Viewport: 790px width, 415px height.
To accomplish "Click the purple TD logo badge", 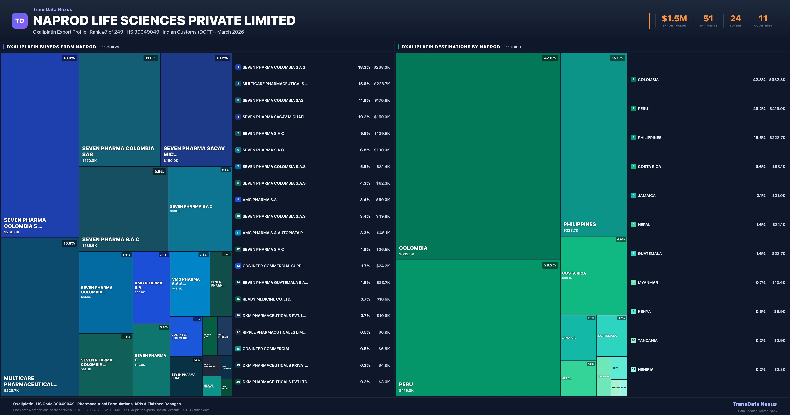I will pyautogui.click(x=20, y=21).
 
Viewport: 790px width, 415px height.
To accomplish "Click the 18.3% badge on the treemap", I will pyautogui.click(x=69, y=58).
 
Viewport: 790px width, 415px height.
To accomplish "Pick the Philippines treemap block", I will pyautogui.click(x=593, y=144).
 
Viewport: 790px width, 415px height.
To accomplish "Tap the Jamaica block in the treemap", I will pyautogui.click(x=578, y=338).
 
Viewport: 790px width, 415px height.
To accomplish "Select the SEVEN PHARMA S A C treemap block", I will pyautogui.click(x=200, y=209).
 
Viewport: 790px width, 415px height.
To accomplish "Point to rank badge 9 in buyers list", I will pyautogui.click(x=238, y=200).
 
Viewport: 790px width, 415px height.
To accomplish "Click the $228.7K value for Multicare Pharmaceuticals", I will pyautogui.click(x=382, y=84).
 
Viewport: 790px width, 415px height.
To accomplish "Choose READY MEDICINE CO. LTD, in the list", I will pyautogui.click(x=266, y=299).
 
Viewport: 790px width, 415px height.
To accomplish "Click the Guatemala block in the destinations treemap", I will pyautogui.click(x=612, y=336).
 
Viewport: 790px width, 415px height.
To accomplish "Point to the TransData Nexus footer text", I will pyautogui.click(x=754, y=404).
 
